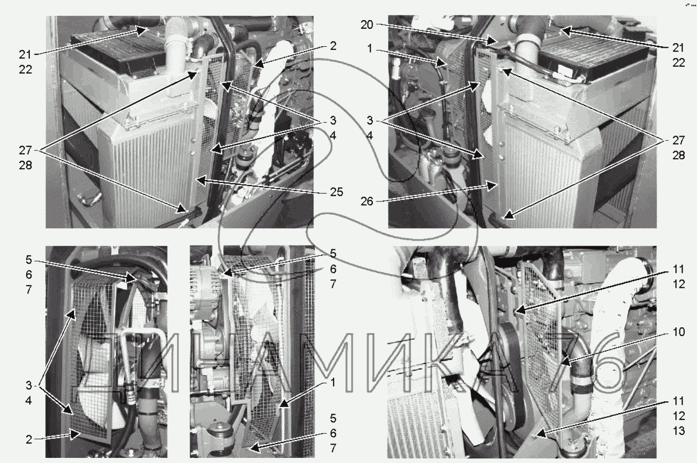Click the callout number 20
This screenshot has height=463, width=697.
(x=367, y=25)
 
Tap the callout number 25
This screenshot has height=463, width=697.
(x=337, y=192)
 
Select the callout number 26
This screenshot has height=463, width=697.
(x=367, y=201)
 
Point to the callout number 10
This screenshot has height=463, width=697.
(x=678, y=332)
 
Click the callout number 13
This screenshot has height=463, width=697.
(x=678, y=431)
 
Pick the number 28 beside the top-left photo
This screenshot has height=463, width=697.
(x=26, y=165)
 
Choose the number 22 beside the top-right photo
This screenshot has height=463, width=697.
(x=678, y=63)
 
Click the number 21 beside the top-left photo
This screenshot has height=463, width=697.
(x=26, y=55)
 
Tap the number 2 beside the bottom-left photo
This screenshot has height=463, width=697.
(x=29, y=439)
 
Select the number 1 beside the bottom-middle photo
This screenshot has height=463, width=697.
(x=333, y=382)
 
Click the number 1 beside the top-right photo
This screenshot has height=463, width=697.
(x=370, y=48)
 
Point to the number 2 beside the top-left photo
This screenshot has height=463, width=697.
(x=333, y=46)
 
